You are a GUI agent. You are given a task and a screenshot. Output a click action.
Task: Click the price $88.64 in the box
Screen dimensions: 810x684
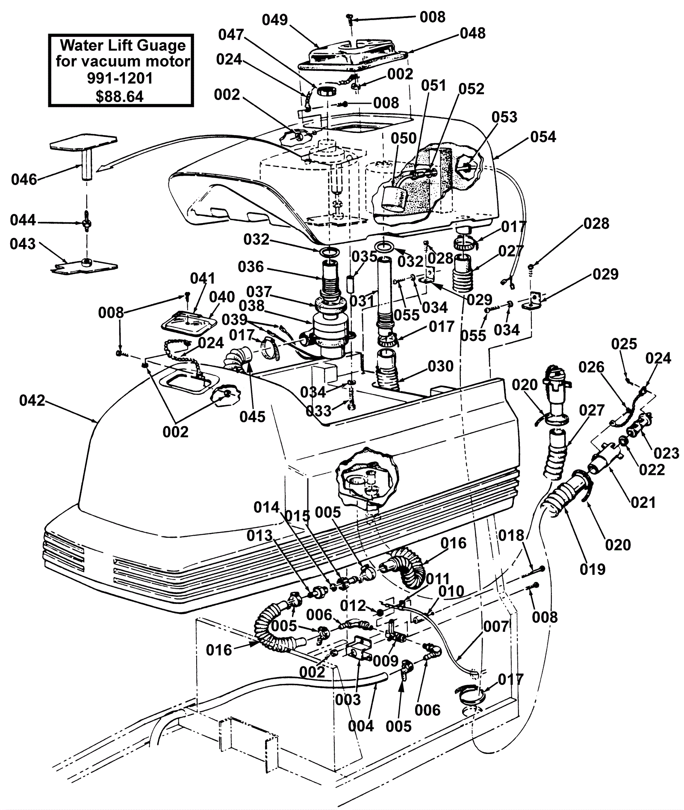tap(120, 96)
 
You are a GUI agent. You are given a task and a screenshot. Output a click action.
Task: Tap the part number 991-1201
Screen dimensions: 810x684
tap(120, 79)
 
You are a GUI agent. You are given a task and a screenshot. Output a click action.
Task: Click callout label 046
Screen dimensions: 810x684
tap(24, 180)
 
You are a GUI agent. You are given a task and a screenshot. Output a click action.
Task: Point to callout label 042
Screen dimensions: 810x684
tap(32, 401)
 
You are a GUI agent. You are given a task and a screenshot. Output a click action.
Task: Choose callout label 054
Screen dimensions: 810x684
tap(543, 137)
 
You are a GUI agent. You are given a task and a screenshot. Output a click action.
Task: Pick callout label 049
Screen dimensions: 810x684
tap(275, 20)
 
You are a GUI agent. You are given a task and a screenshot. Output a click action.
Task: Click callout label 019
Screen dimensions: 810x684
tap(593, 569)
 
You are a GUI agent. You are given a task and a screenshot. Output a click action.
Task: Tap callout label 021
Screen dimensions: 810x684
tap(643, 502)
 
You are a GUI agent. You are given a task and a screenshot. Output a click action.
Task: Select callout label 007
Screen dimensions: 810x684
tap(496, 627)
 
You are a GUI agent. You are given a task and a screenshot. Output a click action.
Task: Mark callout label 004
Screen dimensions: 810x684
tap(361, 725)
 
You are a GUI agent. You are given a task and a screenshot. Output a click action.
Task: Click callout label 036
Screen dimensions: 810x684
tap(251, 267)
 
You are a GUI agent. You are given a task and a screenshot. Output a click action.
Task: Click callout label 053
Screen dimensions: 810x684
tap(504, 117)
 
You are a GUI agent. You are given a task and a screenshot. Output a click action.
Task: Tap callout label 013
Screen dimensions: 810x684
tap(259, 535)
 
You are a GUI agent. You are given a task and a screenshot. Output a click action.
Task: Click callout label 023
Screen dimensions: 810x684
tap(666, 453)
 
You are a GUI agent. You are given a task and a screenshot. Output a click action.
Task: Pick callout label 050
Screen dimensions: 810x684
tap(404, 138)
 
